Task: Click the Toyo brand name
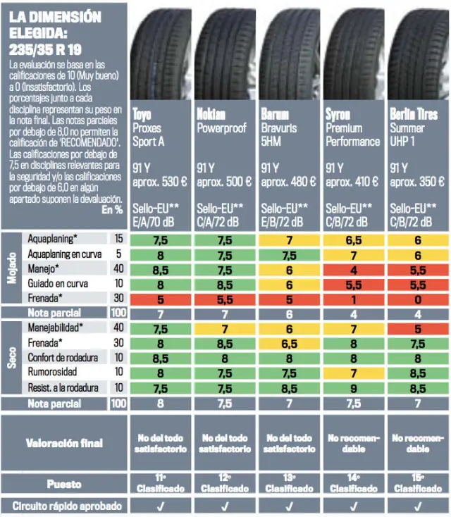pyautogui.click(x=142, y=114)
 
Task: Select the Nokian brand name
pyautogui.click(x=211, y=114)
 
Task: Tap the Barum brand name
pyautogui.click(x=275, y=114)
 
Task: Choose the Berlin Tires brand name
pyautogui.click(x=414, y=114)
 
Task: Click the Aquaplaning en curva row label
pyautogui.click(x=64, y=254)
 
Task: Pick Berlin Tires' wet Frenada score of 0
pyautogui.click(x=418, y=298)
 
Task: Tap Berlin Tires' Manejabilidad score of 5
pyautogui.click(x=418, y=328)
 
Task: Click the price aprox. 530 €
pyautogui.click(x=160, y=182)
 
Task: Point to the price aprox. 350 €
pyautogui.click(x=418, y=182)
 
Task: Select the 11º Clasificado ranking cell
pyautogui.click(x=160, y=483)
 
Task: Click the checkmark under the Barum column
pyautogui.click(x=290, y=506)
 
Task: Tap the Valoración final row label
pyautogui.click(x=64, y=443)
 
